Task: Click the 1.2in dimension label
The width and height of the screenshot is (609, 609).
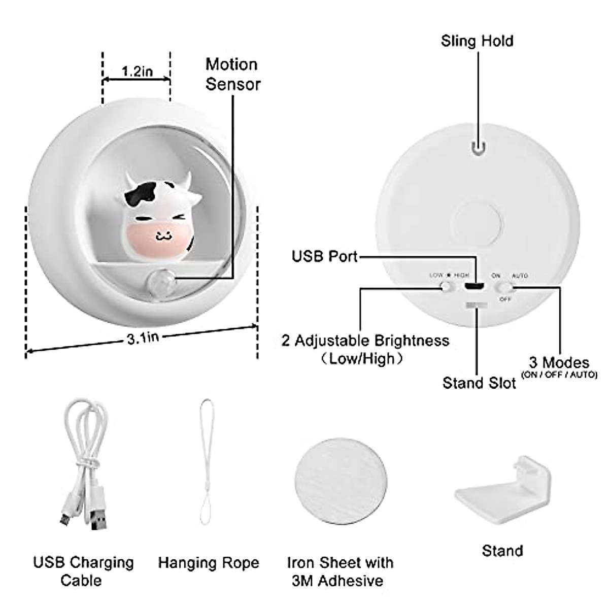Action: [x=137, y=71]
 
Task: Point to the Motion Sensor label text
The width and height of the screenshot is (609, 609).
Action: [x=232, y=74]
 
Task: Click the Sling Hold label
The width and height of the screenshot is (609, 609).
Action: [x=477, y=41]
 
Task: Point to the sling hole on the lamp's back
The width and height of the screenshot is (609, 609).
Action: [x=477, y=147]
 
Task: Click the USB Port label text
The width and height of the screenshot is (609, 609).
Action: [x=325, y=256]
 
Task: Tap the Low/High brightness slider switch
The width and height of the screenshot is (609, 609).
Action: [x=447, y=286]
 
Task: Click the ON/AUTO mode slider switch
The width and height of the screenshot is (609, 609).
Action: [x=504, y=288]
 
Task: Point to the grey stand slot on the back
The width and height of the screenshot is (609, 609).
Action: [x=476, y=306]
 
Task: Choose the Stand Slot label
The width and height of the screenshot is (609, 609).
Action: [x=479, y=383]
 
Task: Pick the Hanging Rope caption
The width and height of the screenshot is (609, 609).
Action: [x=209, y=562]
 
